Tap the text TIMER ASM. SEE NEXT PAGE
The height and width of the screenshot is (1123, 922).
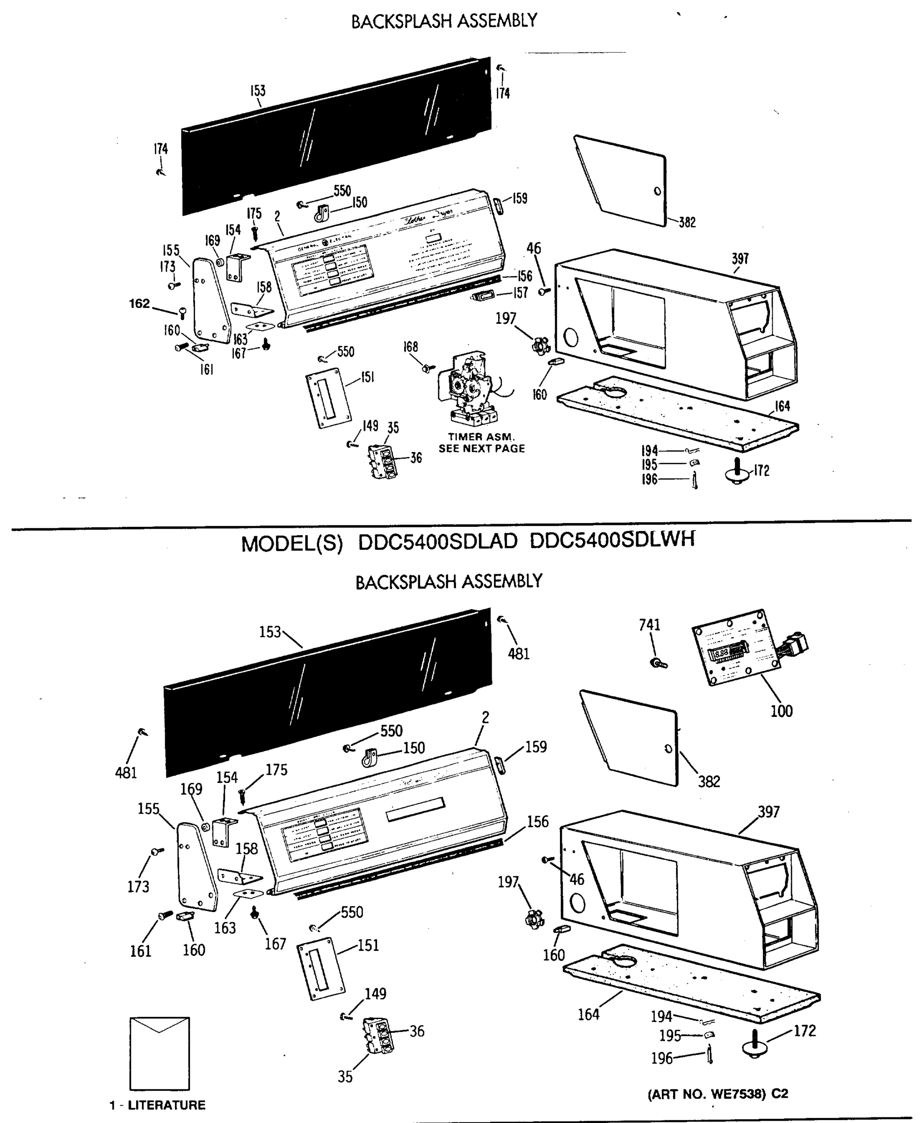pyautogui.click(x=481, y=443)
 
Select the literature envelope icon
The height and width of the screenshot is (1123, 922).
pyautogui.click(x=160, y=1053)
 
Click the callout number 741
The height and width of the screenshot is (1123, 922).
pyautogui.click(x=650, y=625)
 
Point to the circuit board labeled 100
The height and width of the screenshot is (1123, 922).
pyautogui.click(x=735, y=648)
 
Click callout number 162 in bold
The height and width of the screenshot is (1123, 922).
pyautogui.click(x=140, y=303)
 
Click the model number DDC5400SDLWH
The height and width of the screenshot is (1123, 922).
pyautogui.click(x=612, y=541)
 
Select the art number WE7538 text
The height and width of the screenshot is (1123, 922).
pyautogui.click(x=718, y=1094)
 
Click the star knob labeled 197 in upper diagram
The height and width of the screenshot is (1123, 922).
pyautogui.click(x=540, y=346)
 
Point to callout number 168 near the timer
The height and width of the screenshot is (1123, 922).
pyautogui.click(x=411, y=347)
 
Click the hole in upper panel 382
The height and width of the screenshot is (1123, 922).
pyautogui.click(x=658, y=191)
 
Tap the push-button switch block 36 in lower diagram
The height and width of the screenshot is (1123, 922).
pyautogui.click(x=379, y=1035)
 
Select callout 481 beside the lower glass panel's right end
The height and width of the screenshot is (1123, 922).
pyautogui.click(x=518, y=654)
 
